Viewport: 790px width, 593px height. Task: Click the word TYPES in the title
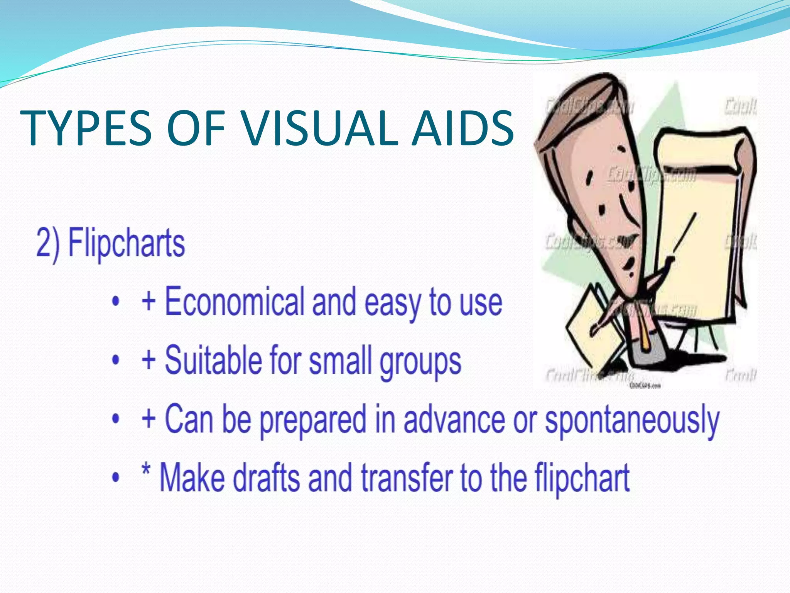[x=86, y=128]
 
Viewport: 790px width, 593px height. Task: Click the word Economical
[x=235, y=302]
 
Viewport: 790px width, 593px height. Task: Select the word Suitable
[x=213, y=360]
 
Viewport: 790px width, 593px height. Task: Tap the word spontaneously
[x=632, y=420]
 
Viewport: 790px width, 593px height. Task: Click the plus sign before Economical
[x=149, y=302]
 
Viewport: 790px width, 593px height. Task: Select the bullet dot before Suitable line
[x=115, y=360]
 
